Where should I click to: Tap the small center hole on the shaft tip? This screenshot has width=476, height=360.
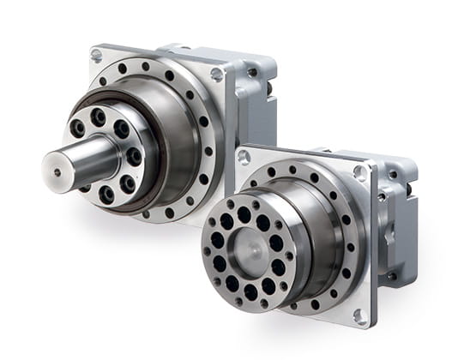pos(57,172)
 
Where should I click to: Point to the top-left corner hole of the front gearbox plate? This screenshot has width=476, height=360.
pos(244,157)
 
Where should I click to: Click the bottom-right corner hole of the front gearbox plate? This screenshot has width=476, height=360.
pos(359,316)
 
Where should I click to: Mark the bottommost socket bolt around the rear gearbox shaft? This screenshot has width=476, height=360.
pos(106,195)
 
